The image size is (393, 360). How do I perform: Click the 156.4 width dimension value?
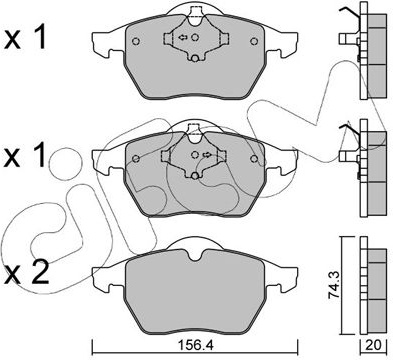pyautogui.click(x=195, y=346)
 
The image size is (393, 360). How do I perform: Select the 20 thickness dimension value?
pyautogui.click(x=374, y=345)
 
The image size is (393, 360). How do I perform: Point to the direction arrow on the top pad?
pyautogui.click(x=183, y=37)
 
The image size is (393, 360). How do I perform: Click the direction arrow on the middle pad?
pyautogui.click(x=207, y=154)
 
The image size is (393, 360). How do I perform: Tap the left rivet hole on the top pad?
pyautogui.click(x=136, y=41)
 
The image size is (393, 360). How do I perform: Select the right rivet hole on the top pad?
pyautogui.click(x=254, y=41)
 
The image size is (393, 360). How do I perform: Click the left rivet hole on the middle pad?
pyautogui.click(x=136, y=159)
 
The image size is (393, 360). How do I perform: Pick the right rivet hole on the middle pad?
pyautogui.click(x=254, y=159)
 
